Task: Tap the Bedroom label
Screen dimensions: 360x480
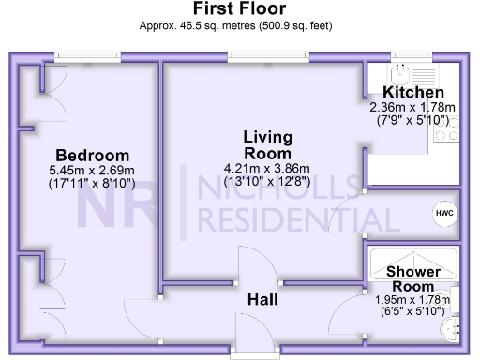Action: click(91, 155)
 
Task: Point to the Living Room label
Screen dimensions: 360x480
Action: click(266, 145)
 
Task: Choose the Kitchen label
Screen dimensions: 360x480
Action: click(412, 93)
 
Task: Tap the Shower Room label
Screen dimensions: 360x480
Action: click(412, 278)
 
